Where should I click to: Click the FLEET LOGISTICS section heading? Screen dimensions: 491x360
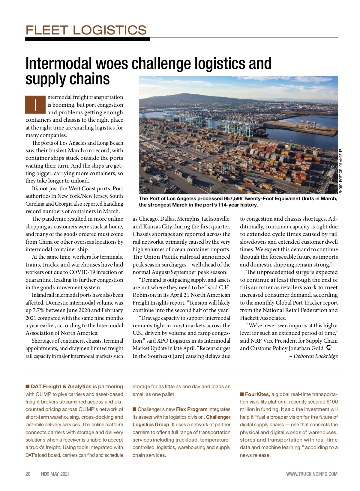click(86, 30)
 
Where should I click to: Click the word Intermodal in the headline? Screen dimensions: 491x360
click(59, 64)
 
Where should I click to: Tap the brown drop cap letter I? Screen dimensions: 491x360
click(35, 105)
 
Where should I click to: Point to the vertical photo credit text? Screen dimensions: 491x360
click(340, 171)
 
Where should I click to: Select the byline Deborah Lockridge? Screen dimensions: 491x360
click(315, 356)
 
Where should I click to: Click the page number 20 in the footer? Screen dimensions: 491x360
click(28, 474)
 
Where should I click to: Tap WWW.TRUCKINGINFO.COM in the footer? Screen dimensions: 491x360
click(311, 474)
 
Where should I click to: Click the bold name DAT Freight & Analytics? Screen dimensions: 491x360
click(61, 387)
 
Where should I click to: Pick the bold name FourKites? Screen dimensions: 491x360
click(257, 394)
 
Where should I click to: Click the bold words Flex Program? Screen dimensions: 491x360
click(192, 409)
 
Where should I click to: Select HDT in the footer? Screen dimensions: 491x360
click(45, 474)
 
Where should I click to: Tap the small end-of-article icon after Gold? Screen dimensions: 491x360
click(328, 348)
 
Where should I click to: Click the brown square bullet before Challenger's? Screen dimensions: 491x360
click(135, 409)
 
